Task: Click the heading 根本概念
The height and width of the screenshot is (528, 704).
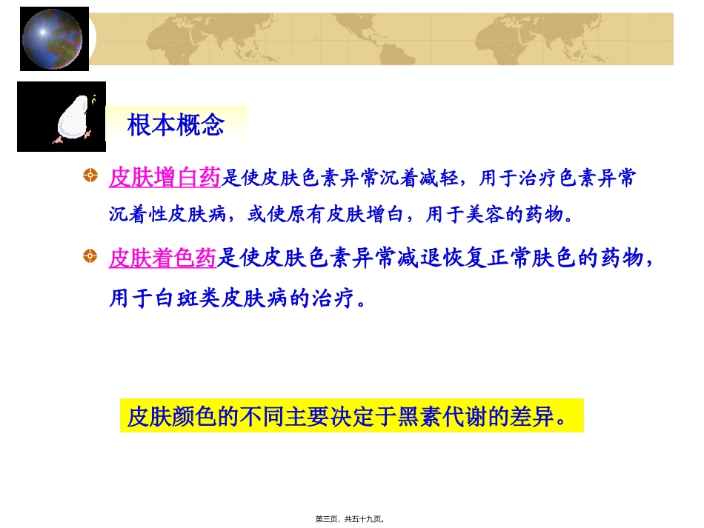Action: (176, 125)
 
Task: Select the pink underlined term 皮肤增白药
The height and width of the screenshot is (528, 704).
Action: (165, 178)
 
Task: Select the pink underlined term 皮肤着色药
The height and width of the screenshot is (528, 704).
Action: (162, 258)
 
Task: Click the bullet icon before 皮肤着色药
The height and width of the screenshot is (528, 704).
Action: (90, 256)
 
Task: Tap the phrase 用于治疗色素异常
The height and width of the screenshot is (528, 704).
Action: (557, 178)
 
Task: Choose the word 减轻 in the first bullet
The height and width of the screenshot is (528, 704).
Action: (438, 178)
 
